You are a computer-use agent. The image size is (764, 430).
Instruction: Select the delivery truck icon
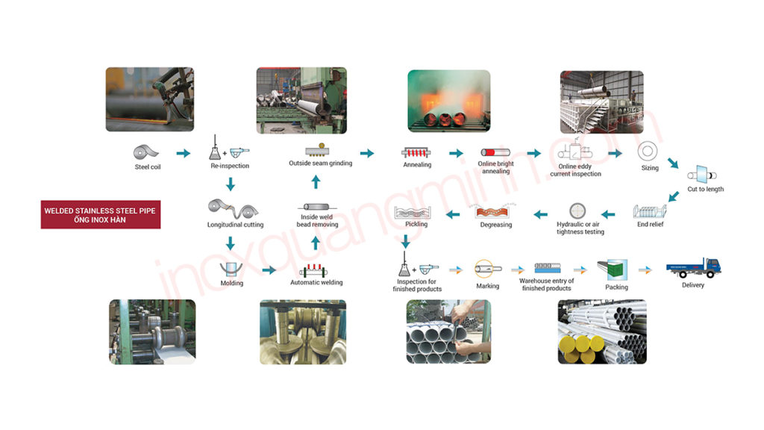[693, 267]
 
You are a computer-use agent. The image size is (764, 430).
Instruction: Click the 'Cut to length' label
[705, 189]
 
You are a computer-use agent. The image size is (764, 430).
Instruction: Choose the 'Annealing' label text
[417, 165]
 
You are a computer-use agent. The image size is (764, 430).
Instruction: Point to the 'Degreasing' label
[496, 225]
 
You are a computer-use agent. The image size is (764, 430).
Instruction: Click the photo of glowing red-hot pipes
[448, 102]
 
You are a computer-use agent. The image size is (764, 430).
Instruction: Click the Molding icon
[231, 269]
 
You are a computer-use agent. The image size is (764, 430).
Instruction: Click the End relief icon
[650, 210]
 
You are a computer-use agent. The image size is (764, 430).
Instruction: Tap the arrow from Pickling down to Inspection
[405, 242]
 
